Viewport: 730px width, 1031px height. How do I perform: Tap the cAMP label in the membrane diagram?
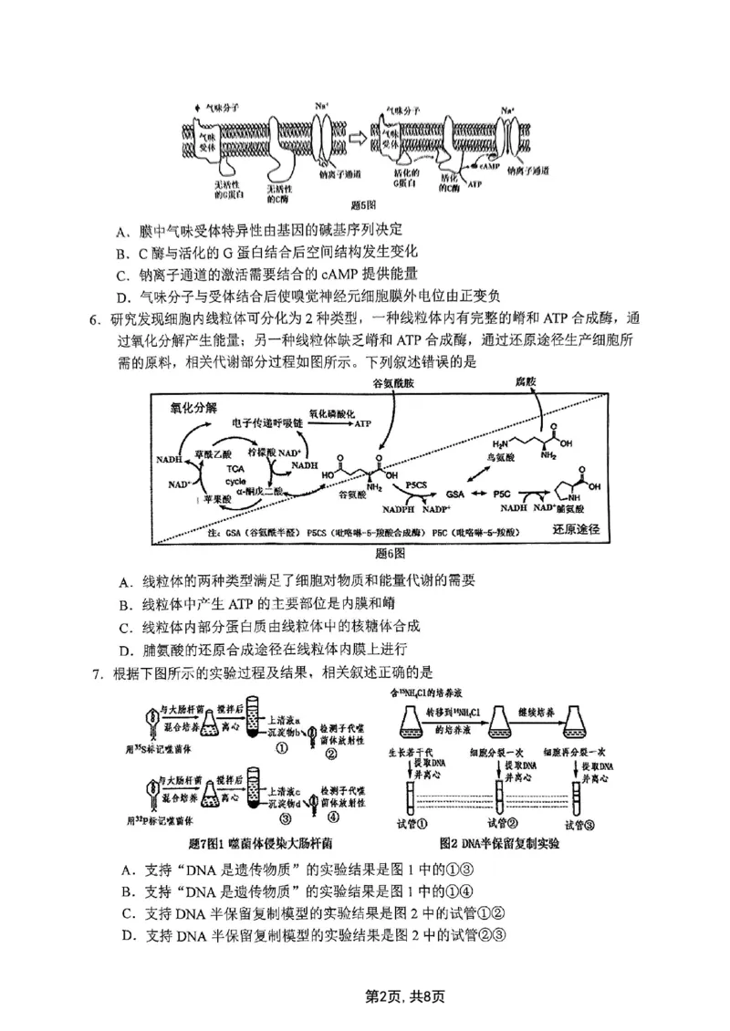[x=489, y=167]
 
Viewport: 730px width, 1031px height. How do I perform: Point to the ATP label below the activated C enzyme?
[x=474, y=184]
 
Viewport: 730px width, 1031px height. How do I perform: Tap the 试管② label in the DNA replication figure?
[x=501, y=825]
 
